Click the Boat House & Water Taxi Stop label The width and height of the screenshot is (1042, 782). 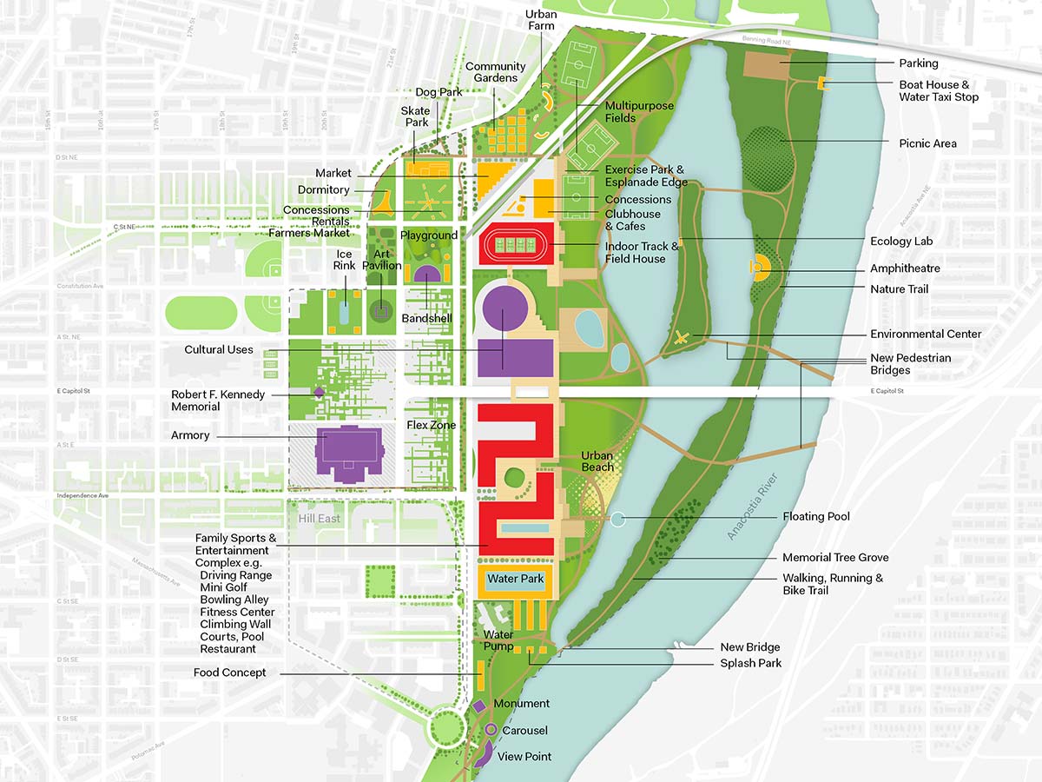pyautogui.click(x=938, y=90)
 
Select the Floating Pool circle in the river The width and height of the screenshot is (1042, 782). pyautogui.click(x=617, y=520)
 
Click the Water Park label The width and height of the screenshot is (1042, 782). pyautogui.click(x=515, y=579)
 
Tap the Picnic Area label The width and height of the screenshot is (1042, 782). pyautogui.click(x=927, y=143)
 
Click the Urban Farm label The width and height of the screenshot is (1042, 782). pyautogui.click(x=541, y=21)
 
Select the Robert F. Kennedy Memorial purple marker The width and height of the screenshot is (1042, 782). pyautogui.click(x=319, y=393)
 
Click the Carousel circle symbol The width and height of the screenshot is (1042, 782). pyautogui.click(x=491, y=730)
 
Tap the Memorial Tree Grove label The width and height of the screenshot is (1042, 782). pyautogui.click(x=835, y=558)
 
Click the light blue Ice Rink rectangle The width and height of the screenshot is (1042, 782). pyautogui.click(x=345, y=312)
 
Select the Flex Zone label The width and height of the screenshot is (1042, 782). pyautogui.click(x=431, y=425)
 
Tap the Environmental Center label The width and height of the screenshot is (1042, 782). pyautogui.click(x=926, y=334)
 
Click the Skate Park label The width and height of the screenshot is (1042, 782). pyautogui.click(x=415, y=117)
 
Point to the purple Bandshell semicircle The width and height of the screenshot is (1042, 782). pyautogui.click(x=427, y=275)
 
